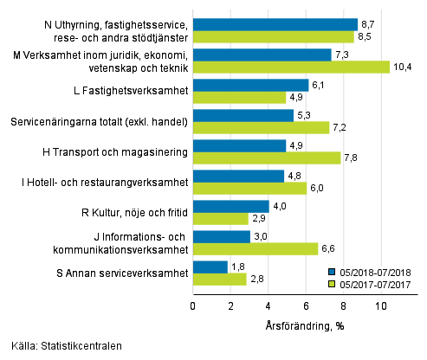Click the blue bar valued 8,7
275,24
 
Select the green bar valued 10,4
291,67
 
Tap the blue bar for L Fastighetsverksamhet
250,85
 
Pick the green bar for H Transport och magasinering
266,157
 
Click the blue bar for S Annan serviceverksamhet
210,267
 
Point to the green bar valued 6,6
255,248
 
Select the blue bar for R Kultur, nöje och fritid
230,206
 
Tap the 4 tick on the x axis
268,305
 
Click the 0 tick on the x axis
192,305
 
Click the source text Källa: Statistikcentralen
62,345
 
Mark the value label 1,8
236,267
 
